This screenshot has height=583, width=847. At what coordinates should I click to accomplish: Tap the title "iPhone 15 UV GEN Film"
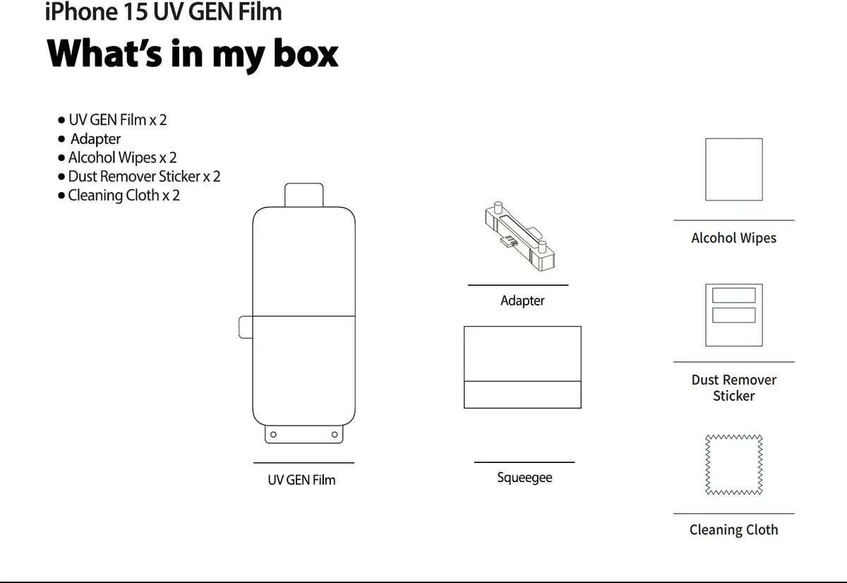point(163,11)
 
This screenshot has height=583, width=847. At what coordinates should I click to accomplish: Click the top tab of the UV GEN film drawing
point(304,195)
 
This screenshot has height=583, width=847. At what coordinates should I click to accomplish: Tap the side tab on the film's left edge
point(246,327)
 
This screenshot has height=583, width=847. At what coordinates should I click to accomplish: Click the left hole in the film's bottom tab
point(273,434)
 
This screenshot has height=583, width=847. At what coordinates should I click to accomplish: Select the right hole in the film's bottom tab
point(335,434)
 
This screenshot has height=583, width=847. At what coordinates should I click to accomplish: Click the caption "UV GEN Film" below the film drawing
point(301,480)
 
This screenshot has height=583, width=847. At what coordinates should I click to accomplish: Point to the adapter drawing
point(520,236)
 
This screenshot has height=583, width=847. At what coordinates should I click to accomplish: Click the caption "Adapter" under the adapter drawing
point(522,301)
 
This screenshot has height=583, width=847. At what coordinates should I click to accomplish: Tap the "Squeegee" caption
point(524,478)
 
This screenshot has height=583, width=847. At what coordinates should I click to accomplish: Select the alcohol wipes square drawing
point(734,169)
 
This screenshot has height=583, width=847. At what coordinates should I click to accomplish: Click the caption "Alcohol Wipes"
point(733,238)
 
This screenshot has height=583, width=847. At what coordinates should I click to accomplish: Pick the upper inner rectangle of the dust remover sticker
point(734,295)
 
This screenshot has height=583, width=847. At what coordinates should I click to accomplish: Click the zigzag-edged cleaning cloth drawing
point(734,464)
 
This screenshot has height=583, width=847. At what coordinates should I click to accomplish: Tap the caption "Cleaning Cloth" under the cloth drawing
point(733,529)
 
